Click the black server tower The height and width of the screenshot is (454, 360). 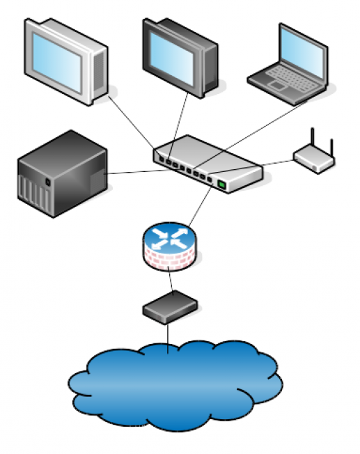[63, 174]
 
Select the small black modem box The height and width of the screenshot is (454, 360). [169, 307]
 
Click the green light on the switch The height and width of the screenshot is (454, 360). [222, 184]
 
